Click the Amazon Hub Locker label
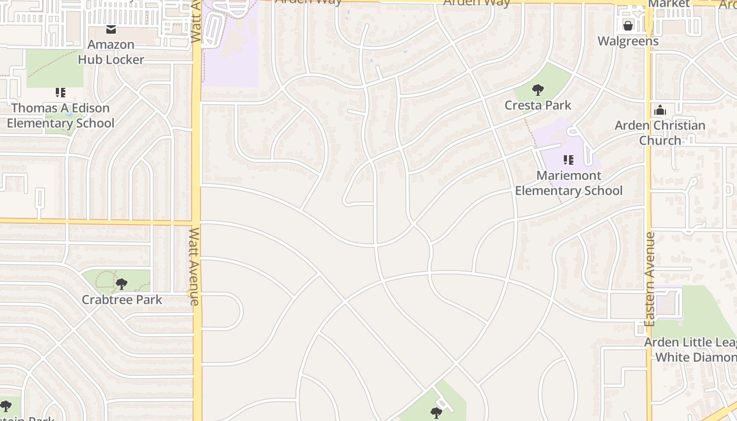[x=111, y=52]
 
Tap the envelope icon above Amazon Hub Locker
[x=111, y=29]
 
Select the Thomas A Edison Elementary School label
[x=61, y=116]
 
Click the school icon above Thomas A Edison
[x=61, y=93]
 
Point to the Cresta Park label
[x=537, y=105]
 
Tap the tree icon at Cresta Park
[x=537, y=90]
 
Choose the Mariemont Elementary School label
[x=569, y=183]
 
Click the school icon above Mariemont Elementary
[x=568, y=159]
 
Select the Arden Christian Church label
[x=660, y=133]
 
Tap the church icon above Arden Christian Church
[x=660, y=110]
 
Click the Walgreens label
[x=628, y=41]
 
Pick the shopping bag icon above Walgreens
[x=628, y=25]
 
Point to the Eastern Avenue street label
[x=650, y=279]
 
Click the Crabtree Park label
[x=122, y=300]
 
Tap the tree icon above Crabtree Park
[x=122, y=285]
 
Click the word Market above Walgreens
[x=669, y=4]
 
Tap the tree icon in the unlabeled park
[x=436, y=413]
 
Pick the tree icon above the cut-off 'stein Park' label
[x=6, y=406]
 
